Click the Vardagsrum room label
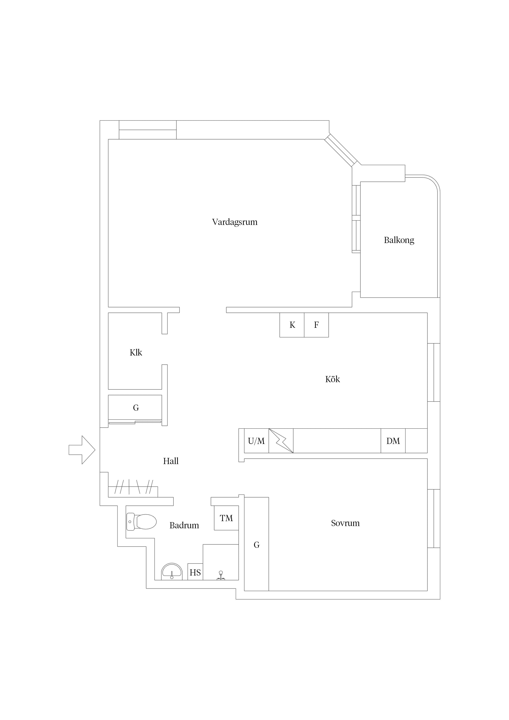(235, 222)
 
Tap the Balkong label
(399, 240)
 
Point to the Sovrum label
(345, 523)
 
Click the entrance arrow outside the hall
(82, 450)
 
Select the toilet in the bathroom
(141, 522)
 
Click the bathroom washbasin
(172, 572)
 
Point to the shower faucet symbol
(221, 576)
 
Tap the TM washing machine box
(226, 518)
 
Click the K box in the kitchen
(292, 325)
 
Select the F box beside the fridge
(316, 325)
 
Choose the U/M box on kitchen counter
(257, 441)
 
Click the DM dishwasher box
(393, 441)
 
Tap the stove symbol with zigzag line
(281, 441)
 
